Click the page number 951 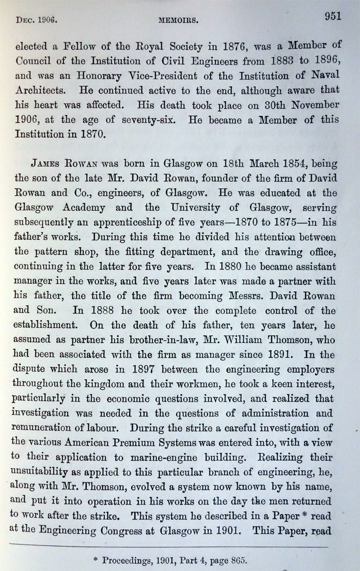click(333, 17)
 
